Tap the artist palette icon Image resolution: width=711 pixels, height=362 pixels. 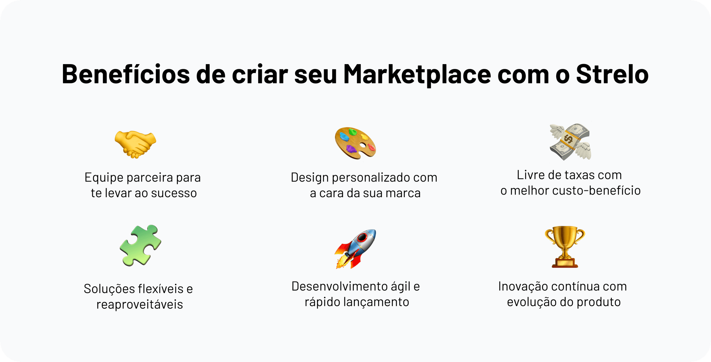[x=355, y=143]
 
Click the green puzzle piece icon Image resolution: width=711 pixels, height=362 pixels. [x=140, y=245]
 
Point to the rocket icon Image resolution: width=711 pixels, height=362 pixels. [x=355, y=249]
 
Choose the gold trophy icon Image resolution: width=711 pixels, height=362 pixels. [x=565, y=247]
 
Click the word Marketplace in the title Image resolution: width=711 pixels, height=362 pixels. [x=417, y=74]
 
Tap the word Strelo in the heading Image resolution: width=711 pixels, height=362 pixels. [x=612, y=74]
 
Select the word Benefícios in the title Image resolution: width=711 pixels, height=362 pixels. [x=126, y=74]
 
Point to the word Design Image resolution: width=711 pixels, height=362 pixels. [x=310, y=177]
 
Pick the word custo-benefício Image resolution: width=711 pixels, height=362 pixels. [x=596, y=190]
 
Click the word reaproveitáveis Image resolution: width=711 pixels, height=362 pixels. [x=140, y=305]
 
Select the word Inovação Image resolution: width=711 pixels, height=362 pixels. [x=523, y=286]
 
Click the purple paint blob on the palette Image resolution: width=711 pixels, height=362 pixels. [x=351, y=149]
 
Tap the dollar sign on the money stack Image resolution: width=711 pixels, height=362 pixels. [x=568, y=140]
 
